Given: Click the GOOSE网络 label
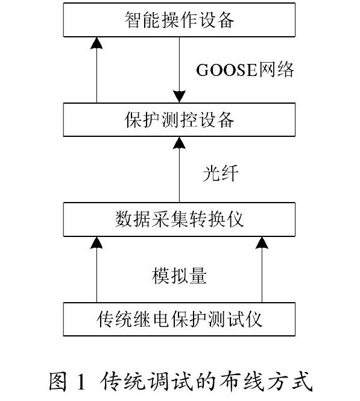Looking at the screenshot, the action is [245, 69].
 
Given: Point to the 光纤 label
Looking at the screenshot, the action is [220, 173].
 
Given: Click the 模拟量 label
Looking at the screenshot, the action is [179, 276].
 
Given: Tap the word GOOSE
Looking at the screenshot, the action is [227, 70].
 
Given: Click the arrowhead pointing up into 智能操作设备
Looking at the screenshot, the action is [96, 43].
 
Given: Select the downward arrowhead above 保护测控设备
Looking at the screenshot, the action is [179, 96].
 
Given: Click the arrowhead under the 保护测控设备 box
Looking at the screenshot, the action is [179, 143].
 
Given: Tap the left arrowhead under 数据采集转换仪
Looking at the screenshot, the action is [96, 242].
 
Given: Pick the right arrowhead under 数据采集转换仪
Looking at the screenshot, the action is [262, 242].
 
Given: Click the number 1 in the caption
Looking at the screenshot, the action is [81, 382].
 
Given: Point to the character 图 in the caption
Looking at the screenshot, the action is [58, 381].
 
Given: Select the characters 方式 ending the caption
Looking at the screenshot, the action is [289, 381].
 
